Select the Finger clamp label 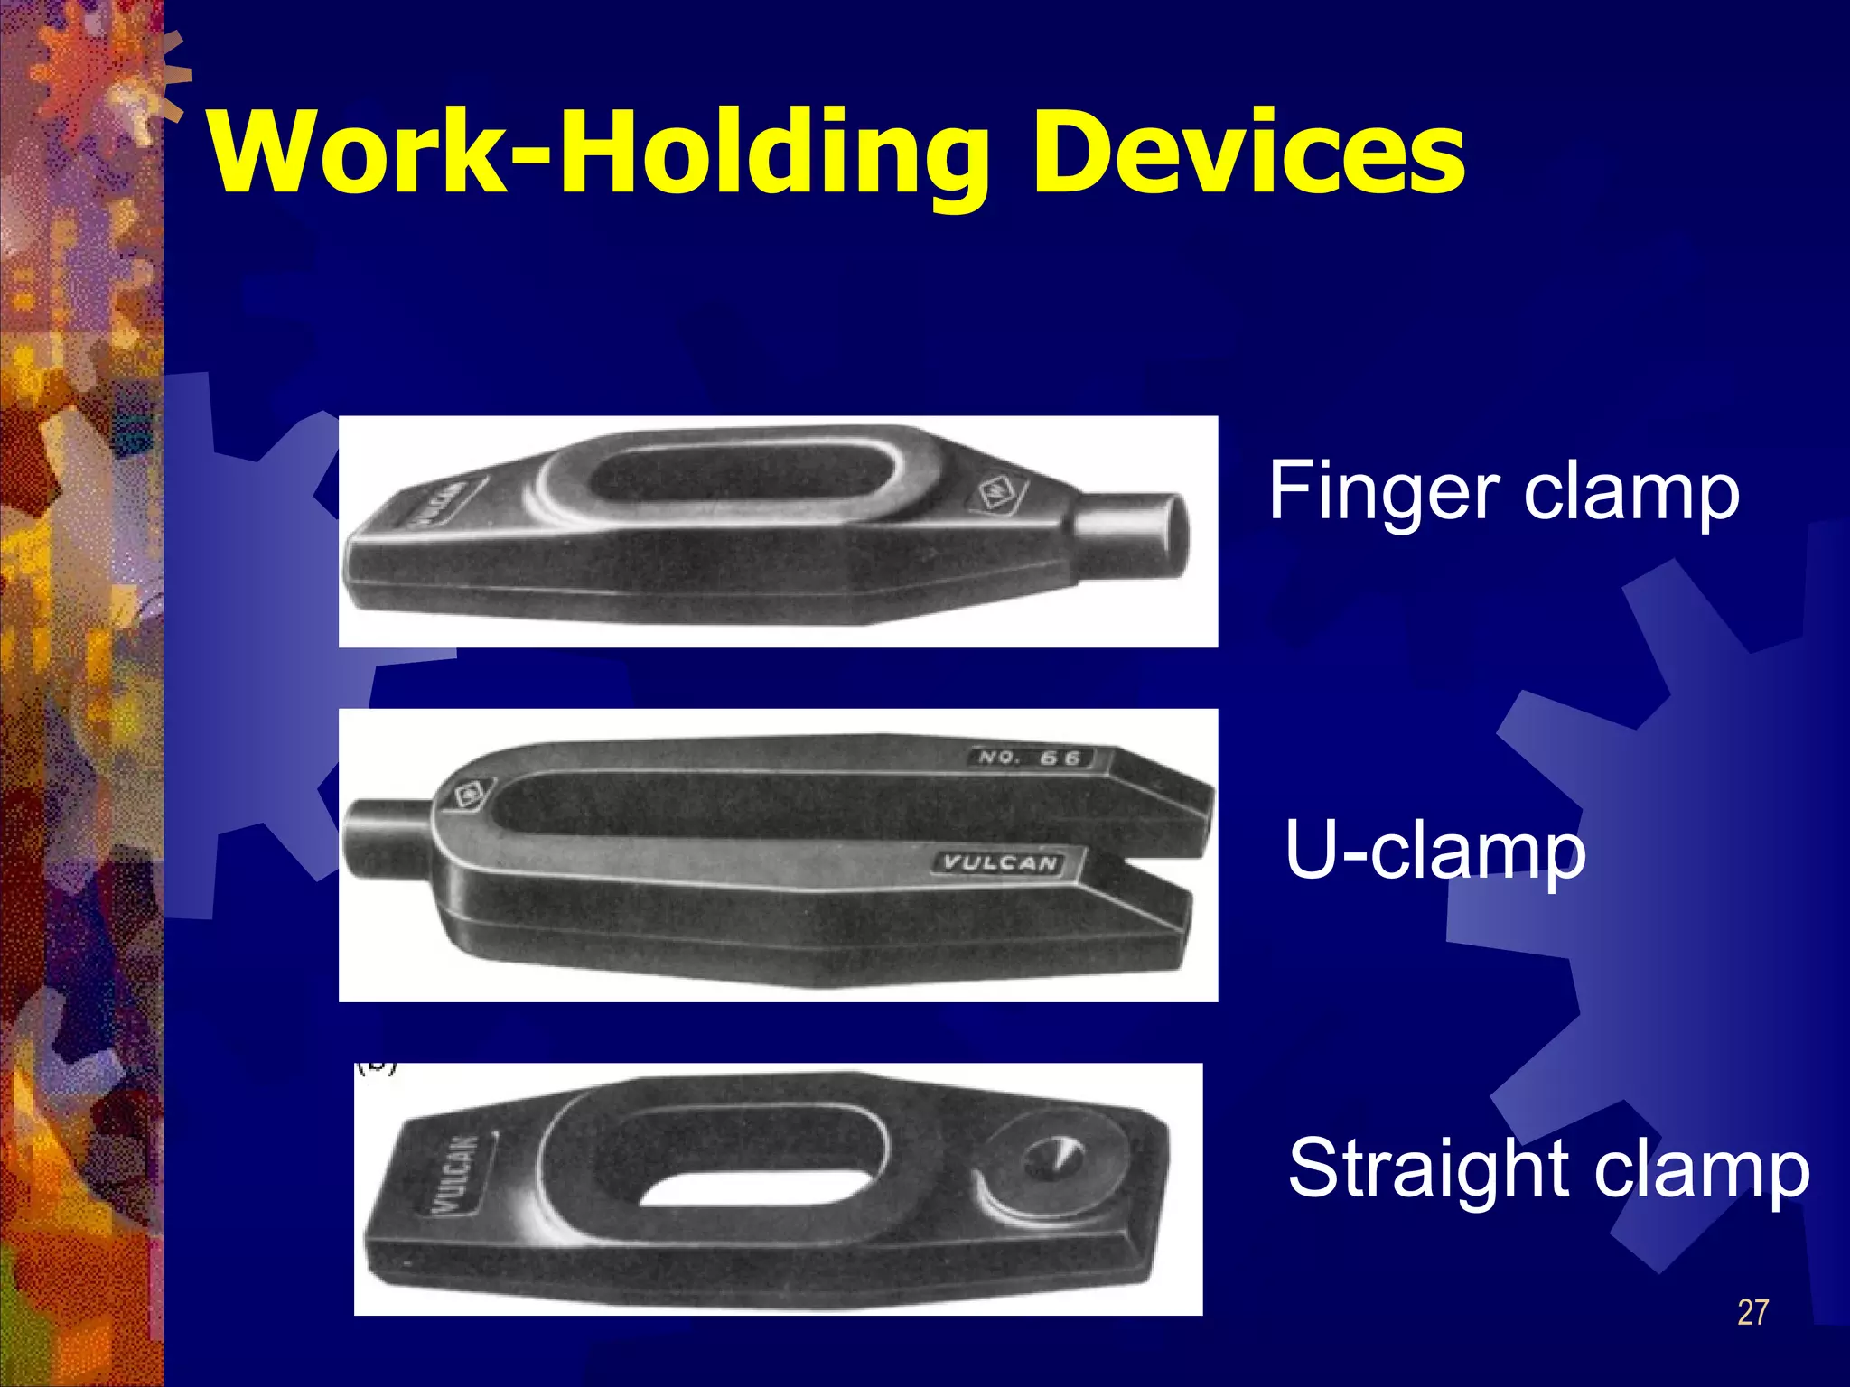pyautogui.click(x=1503, y=492)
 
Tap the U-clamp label pyautogui.click(x=1434, y=851)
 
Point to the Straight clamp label pyautogui.click(x=1548, y=1169)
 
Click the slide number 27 pyautogui.click(x=1752, y=1312)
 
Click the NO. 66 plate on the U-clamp pyautogui.click(x=1029, y=758)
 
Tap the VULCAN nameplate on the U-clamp pyautogui.click(x=999, y=863)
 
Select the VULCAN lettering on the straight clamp pyautogui.click(x=462, y=1175)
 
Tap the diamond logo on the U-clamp pyautogui.click(x=468, y=796)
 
